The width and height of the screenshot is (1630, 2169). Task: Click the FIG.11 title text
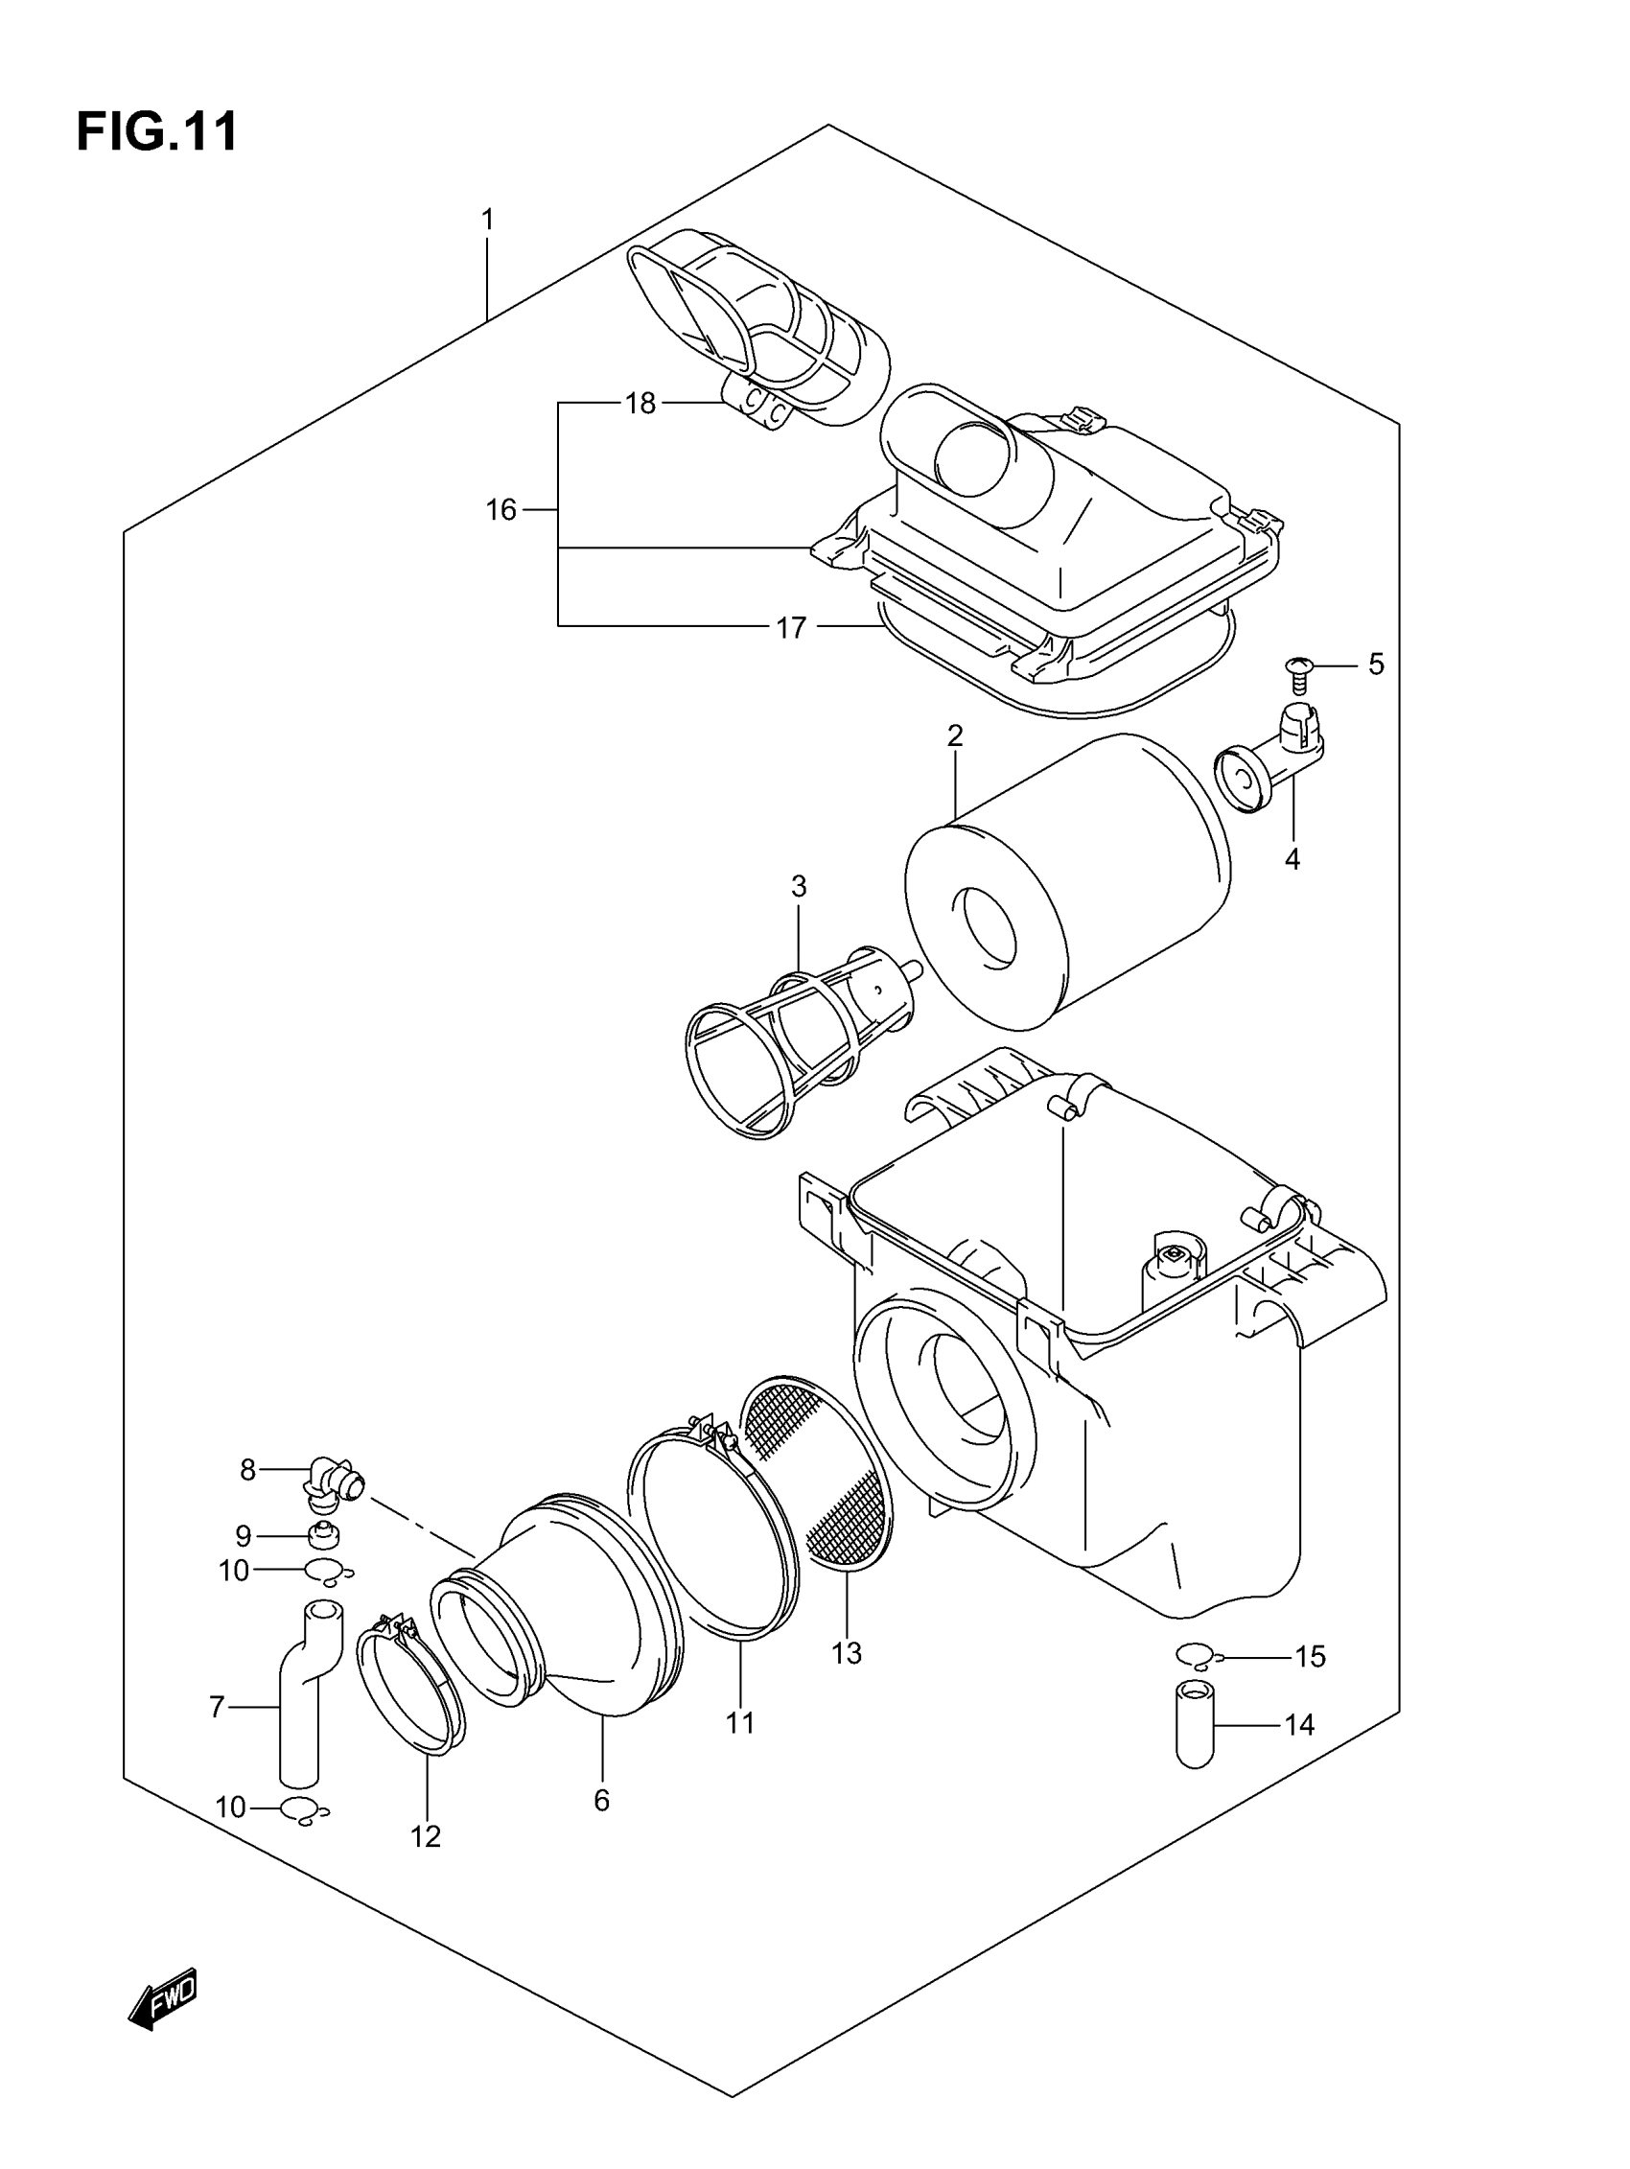(x=157, y=131)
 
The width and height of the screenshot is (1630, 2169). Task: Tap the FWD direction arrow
(x=163, y=1998)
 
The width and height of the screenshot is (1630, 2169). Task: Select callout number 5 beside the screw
(x=1376, y=665)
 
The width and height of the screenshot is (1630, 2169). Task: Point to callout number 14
(x=1299, y=1725)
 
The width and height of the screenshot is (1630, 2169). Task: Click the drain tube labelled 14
(x=1195, y=1723)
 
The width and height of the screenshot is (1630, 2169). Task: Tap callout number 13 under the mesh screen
(x=846, y=1653)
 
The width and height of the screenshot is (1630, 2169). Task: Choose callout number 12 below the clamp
(x=426, y=1836)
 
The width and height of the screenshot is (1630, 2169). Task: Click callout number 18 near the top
(x=640, y=403)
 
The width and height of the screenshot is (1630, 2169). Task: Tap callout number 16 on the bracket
(x=501, y=510)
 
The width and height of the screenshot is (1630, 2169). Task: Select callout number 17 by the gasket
(x=790, y=627)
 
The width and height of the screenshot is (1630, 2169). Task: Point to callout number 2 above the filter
(x=954, y=735)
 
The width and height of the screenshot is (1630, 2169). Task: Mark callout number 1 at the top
(x=487, y=220)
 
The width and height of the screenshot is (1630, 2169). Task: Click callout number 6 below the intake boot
(x=601, y=1801)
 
